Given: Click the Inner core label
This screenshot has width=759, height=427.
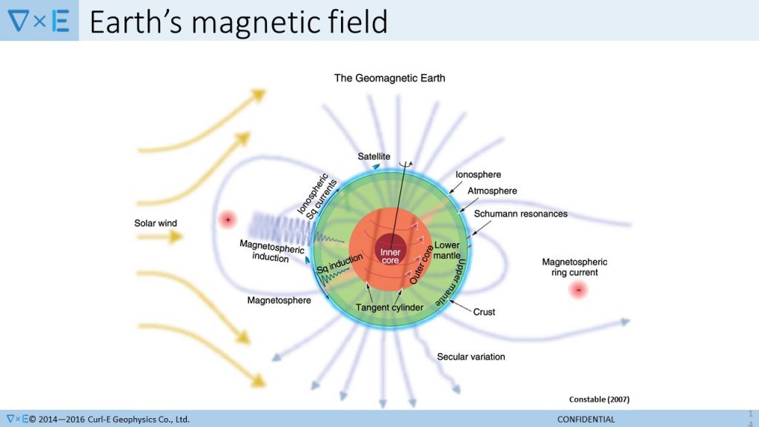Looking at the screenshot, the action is point(390,256).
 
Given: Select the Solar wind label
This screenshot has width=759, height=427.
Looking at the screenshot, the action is point(156,223).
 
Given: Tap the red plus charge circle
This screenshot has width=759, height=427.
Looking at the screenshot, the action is point(228,219).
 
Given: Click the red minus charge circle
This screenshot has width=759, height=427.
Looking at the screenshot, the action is point(578,290).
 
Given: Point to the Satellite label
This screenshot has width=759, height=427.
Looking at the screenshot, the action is point(374,156).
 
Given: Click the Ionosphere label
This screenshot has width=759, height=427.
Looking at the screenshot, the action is point(478,174).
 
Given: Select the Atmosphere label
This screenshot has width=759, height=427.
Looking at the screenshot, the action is point(492,191).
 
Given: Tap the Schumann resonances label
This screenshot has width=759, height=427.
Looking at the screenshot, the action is point(520,213).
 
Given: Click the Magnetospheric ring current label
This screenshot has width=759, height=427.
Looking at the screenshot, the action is point(574,267).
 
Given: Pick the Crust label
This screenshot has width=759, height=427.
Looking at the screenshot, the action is point(484,312).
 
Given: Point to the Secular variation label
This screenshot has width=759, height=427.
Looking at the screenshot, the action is point(471,357).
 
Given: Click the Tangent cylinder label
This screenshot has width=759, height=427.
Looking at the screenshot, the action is point(389,308).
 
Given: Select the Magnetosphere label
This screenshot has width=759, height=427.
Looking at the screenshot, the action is point(279,300).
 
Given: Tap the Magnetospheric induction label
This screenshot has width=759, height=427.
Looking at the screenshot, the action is point(271,251).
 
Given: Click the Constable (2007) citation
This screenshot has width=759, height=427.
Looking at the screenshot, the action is point(599,400).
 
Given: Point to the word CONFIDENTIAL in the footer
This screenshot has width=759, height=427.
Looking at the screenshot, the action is point(586,420).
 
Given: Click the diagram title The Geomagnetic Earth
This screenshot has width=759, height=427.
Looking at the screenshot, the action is point(390,78).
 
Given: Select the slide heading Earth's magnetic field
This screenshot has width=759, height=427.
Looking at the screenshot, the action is point(239,21).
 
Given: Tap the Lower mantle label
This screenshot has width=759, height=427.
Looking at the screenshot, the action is point(447,250).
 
